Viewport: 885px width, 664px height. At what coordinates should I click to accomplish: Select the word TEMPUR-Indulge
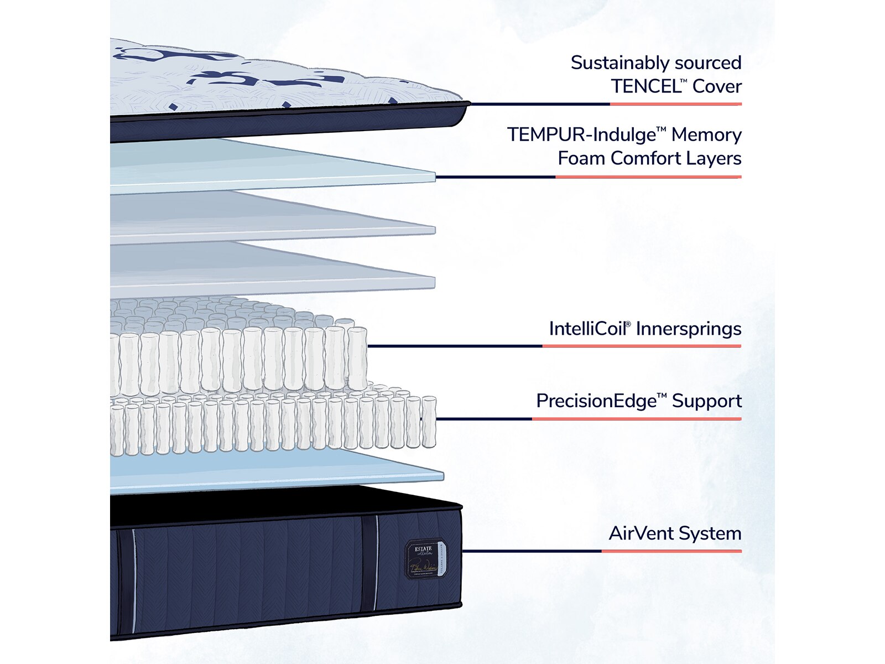tap(581, 135)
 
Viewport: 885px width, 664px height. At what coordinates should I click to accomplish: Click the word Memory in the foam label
tap(706, 135)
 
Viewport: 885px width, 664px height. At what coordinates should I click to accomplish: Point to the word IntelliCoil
tap(587, 329)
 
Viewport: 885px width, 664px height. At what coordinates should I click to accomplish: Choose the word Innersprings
tap(689, 329)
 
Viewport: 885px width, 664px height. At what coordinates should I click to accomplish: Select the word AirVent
tap(641, 533)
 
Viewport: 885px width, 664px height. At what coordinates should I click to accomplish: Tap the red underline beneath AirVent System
tap(671, 551)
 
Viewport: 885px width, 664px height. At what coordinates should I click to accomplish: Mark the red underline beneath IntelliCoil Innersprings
tap(642, 346)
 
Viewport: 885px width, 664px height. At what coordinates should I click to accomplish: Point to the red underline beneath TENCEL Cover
tap(675, 104)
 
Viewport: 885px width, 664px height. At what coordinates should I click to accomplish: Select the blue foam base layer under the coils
tap(277, 470)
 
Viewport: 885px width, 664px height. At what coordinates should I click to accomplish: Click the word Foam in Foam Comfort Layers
tap(582, 159)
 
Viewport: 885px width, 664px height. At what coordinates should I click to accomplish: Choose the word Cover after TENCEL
tap(717, 87)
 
